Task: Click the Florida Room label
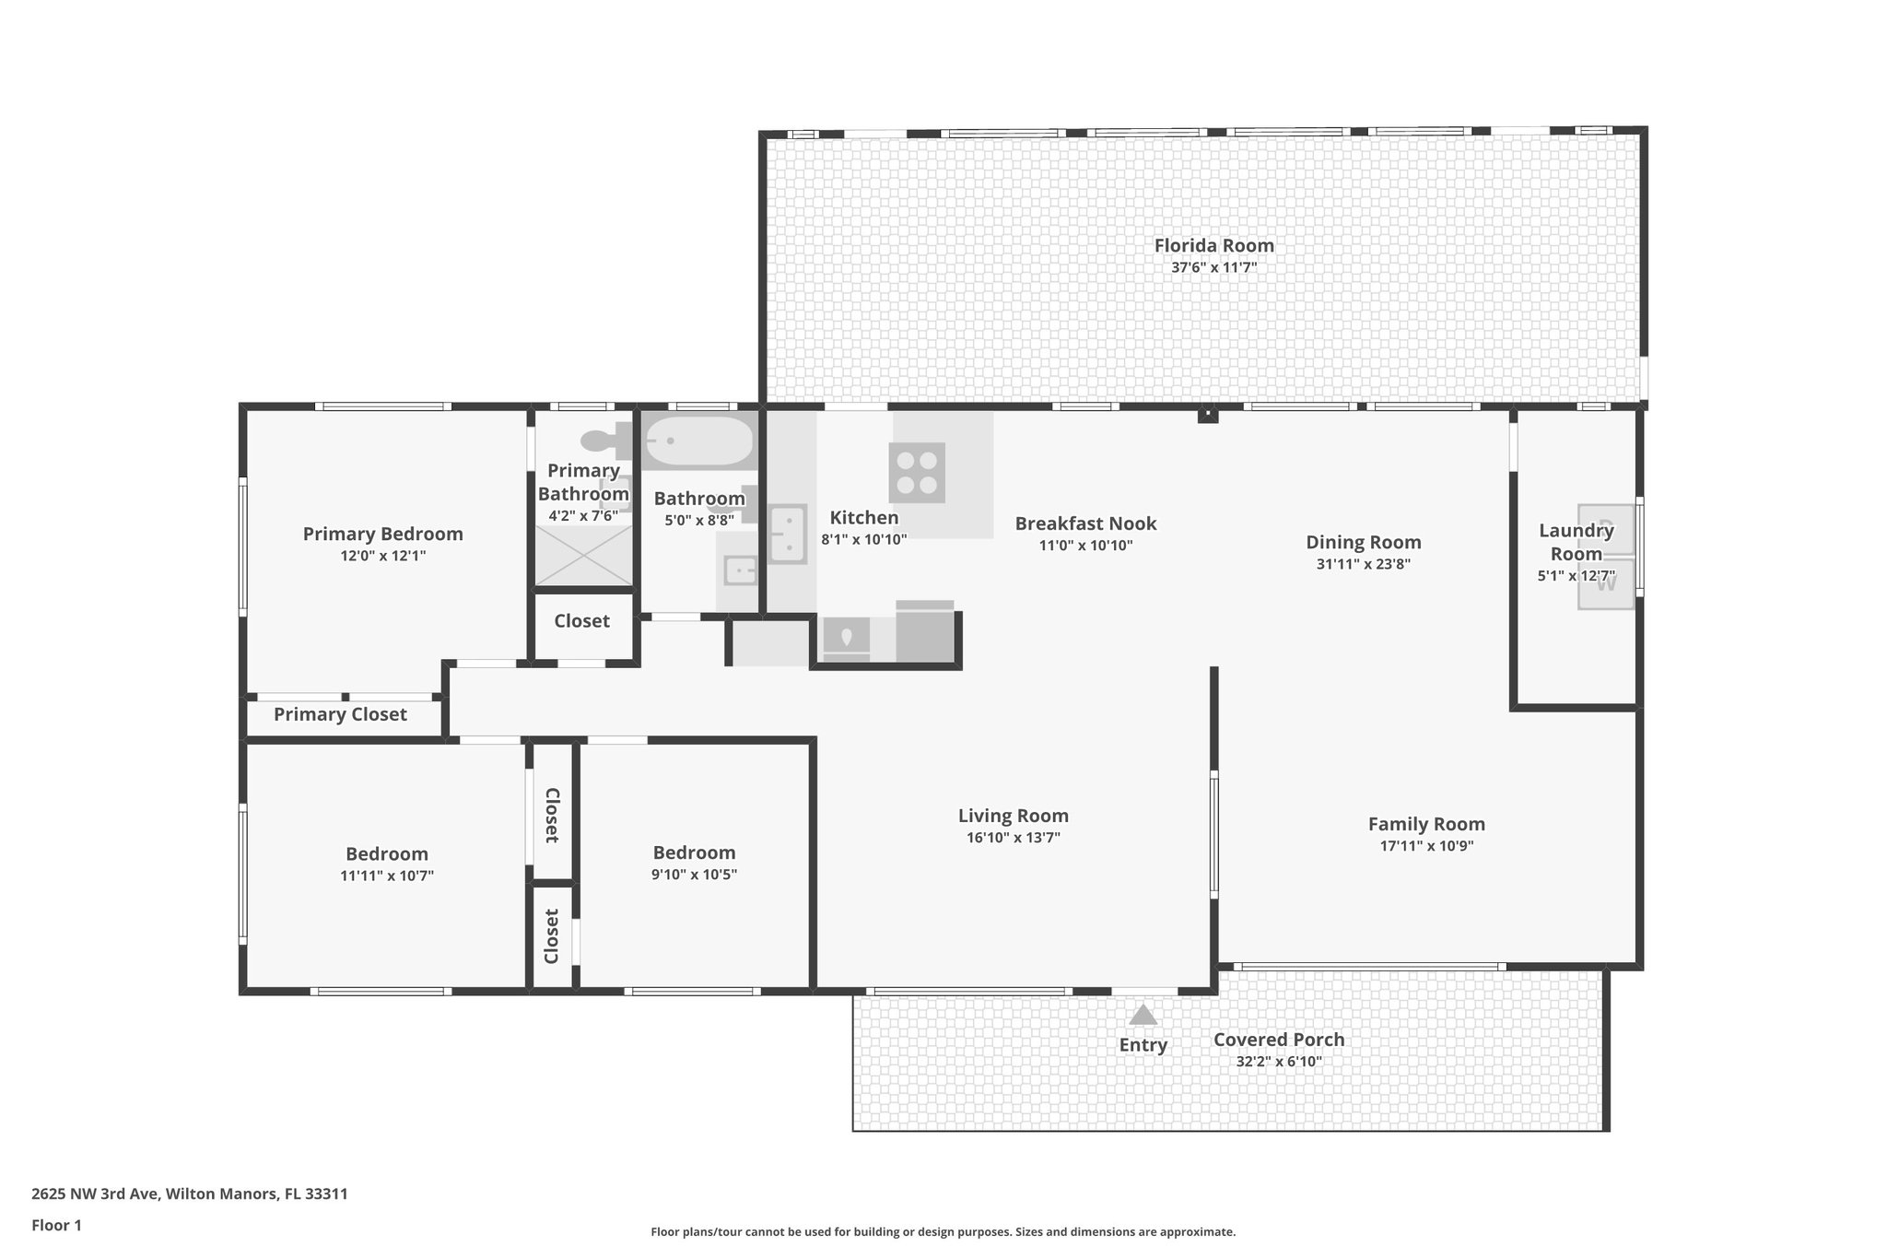[x=1213, y=245]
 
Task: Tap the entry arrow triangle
[x=1143, y=1015]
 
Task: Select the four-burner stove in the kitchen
[x=917, y=473]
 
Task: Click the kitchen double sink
[x=788, y=534]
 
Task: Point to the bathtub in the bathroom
[x=698, y=443]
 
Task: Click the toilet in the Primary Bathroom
[x=609, y=443]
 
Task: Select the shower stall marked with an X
[x=584, y=556]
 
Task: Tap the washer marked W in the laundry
[x=1606, y=582]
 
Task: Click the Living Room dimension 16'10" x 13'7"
[x=1013, y=838]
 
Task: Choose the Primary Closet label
[x=340, y=714]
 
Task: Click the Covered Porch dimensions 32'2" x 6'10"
[x=1278, y=1062]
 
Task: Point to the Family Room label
[x=1425, y=824]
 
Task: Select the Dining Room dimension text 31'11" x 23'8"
[x=1363, y=564]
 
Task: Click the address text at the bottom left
[x=190, y=1193]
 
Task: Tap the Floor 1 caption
[x=56, y=1225]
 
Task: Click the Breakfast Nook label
[x=1085, y=523]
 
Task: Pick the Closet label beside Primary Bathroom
[x=581, y=621]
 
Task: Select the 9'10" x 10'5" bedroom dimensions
[x=694, y=875]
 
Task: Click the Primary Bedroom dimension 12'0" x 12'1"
[x=382, y=556]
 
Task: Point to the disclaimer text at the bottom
[x=943, y=1231]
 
